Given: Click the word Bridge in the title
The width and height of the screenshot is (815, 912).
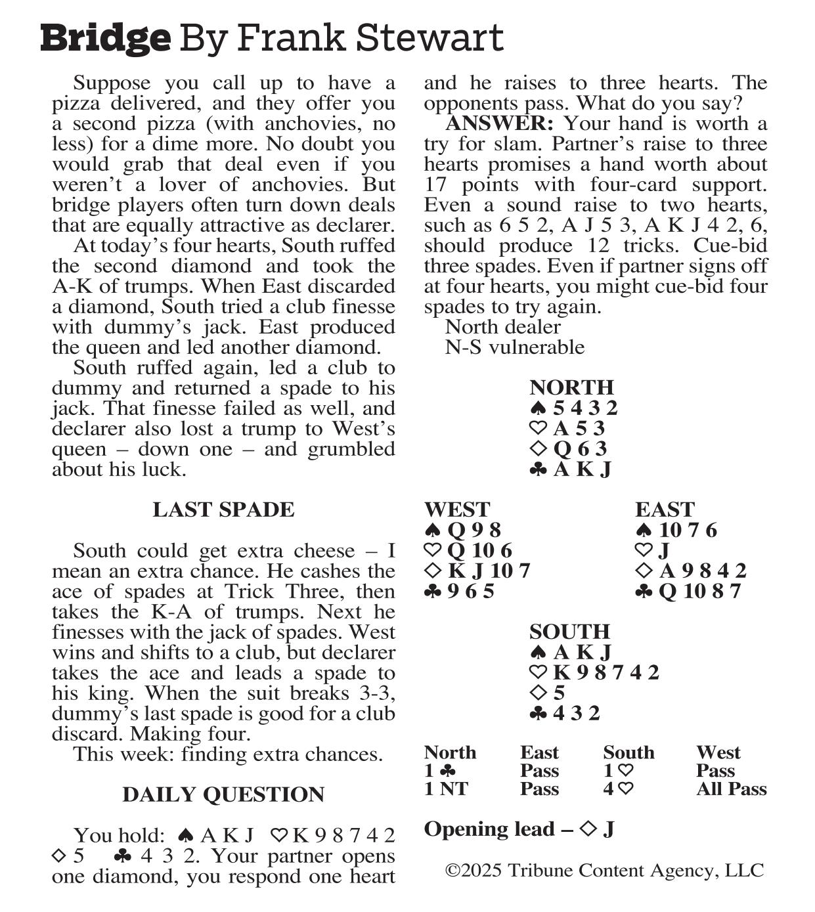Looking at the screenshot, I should [105, 38].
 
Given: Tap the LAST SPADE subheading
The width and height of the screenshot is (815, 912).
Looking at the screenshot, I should [223, 510].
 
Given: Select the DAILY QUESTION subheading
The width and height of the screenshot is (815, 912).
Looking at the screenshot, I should [223, 794].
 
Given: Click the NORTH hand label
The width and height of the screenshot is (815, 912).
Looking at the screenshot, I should [571, 387].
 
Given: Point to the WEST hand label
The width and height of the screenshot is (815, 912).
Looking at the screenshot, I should [457, 510].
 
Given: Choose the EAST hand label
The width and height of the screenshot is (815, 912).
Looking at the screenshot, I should [665, 510].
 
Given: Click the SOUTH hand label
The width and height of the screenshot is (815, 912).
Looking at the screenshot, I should [569, 632].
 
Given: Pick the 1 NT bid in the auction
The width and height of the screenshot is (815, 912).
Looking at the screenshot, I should [446, 789].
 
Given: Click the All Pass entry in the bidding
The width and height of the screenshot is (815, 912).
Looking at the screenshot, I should [731, 789].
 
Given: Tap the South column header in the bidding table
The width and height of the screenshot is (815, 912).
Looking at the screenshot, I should [628, 752].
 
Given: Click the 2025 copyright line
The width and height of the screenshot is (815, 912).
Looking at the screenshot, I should [604, 871].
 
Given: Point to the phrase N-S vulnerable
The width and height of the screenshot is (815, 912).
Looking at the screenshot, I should [514, 347].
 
